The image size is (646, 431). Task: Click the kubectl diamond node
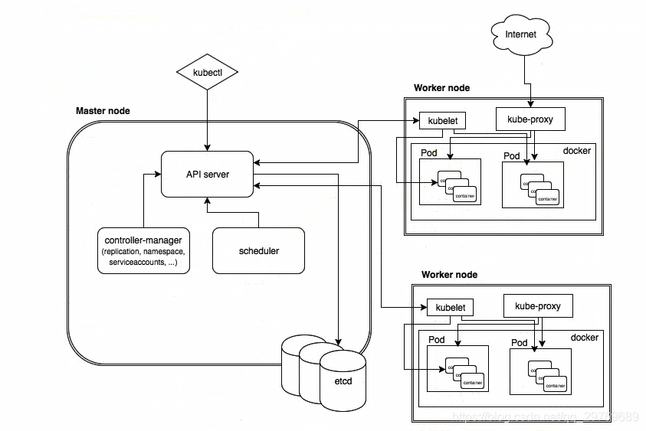coord(207,73)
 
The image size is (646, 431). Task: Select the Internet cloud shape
coord(521,34)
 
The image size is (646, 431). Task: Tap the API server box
coord(207,175)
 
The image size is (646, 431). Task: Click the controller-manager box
coord(144,250)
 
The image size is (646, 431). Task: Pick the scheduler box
coord(258,250)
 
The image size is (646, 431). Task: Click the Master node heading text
coord(103,111)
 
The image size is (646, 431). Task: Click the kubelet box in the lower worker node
coord(450,308)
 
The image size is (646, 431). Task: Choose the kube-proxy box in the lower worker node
coord(537,306)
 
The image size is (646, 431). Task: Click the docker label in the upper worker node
coord(577,151)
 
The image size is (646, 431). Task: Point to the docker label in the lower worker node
coord(585,338)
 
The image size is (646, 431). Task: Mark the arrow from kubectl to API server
coord(207,119)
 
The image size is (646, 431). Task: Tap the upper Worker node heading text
coord(441,88)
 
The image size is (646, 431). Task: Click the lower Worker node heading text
coord(449,275)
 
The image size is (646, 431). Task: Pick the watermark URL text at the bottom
coord(546,416)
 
